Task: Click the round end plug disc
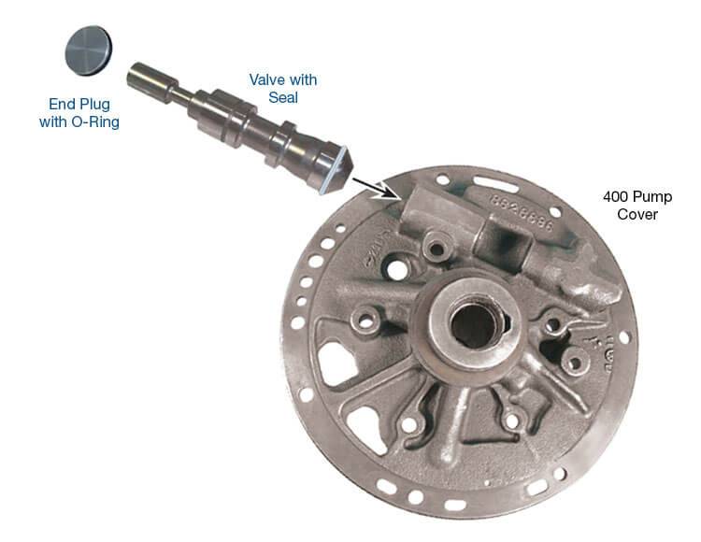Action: coord(89,50)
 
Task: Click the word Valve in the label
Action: coord(266,80)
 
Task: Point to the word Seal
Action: coord(283,97)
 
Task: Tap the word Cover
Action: coord(637,215)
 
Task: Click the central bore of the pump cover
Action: coord(474,324)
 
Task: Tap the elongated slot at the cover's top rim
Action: coord(495,184)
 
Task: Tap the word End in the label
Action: coord(61,104)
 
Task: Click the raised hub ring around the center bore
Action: coord(474,324)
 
